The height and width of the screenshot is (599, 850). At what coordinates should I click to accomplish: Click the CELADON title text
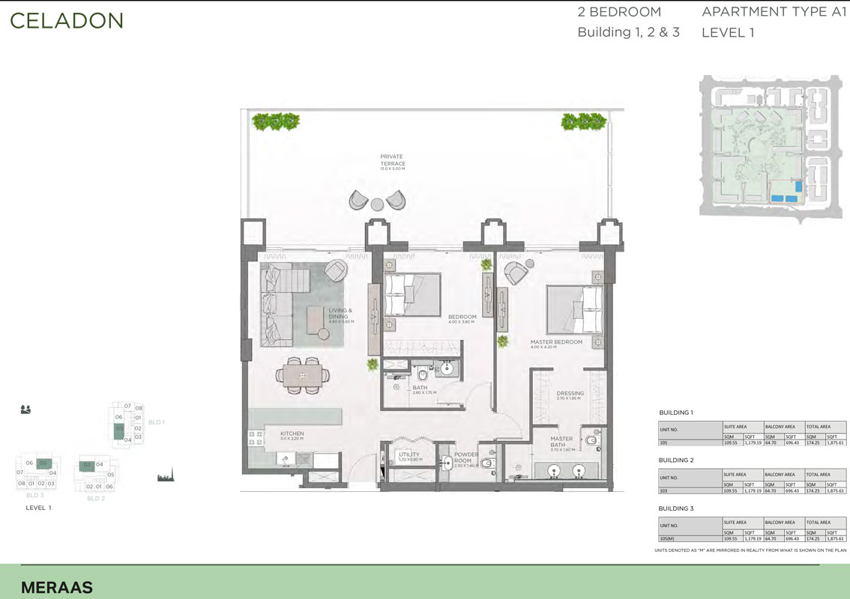(x=67, y=20)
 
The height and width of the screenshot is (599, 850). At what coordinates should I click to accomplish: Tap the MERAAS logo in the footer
(x=57, y=588)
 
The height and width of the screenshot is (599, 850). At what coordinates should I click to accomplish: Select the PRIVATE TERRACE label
(x=392, y=160)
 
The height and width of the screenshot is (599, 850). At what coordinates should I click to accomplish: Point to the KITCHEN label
(x=291, y=435)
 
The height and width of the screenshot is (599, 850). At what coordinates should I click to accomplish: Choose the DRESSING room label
(x=570, y=395)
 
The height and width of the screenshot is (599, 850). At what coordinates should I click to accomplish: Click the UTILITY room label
(x=409, y=456)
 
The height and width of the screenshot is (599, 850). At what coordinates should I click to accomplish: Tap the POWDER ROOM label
(x=465, y=457)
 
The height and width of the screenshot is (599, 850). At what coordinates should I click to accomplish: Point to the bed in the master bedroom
(x=576, y=308)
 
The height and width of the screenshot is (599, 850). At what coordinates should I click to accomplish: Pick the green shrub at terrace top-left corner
(x=276, y=120)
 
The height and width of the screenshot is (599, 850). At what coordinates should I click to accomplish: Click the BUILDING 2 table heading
(x=676, y=460)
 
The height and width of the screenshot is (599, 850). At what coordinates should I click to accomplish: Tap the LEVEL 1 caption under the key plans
(x=39, y=508)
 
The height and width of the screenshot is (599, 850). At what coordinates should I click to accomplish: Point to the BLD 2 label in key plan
(x=95, y=498)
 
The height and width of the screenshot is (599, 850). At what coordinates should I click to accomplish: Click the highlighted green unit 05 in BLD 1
(x=118, y=430)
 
